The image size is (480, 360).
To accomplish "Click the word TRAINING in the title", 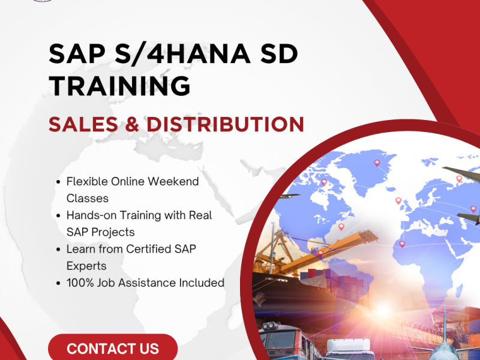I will click(119, 86).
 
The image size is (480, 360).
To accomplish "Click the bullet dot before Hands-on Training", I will click(57, 215).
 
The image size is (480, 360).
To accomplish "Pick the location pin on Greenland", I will click(377, 162).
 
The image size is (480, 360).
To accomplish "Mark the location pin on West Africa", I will click(401, 244).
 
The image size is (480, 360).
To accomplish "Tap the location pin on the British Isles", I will click(398, 200).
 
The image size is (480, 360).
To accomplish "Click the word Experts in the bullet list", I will click(86, 265).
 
